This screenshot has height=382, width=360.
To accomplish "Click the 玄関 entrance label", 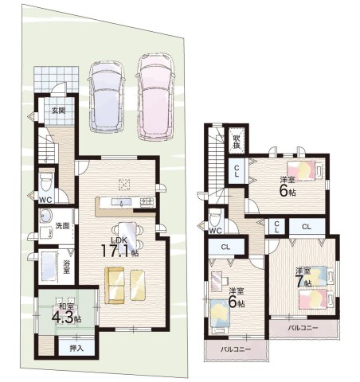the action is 58,111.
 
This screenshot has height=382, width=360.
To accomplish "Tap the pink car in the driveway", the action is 156,97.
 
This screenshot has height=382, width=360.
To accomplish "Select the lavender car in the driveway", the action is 107,97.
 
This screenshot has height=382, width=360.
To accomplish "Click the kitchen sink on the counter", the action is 121,202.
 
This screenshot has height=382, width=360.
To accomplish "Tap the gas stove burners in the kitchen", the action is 147,202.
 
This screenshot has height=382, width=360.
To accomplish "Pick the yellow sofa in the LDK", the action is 115,285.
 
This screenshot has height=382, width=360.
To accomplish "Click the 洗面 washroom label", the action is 62,226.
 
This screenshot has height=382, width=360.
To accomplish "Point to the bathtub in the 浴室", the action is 49,266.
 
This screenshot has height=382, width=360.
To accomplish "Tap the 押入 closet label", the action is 76,349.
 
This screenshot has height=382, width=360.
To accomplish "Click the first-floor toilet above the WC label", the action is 46,181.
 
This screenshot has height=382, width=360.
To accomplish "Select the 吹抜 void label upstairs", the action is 237,142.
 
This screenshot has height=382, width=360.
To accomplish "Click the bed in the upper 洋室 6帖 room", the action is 305,170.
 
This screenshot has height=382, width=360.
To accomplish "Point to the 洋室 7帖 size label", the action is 304,277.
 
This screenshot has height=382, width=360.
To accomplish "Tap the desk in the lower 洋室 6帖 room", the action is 219,281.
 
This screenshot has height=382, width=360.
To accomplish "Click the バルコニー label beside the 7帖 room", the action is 303,328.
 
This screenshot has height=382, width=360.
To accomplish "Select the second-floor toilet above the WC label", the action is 215,217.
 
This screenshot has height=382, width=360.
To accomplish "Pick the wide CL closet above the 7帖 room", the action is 307,227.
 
